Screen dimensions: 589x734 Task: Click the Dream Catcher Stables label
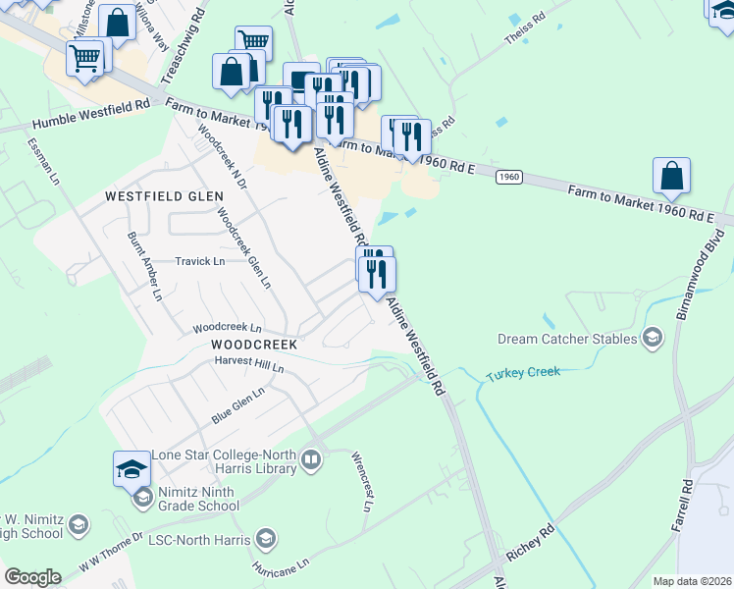566,339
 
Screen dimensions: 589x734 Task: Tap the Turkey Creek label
523,372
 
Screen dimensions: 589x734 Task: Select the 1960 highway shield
507,177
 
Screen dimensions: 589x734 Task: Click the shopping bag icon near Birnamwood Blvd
673,177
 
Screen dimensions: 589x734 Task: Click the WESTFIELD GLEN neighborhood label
158,196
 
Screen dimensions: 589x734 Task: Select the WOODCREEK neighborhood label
253,346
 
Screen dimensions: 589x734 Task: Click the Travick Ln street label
200,261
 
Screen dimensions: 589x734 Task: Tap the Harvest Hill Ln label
249,365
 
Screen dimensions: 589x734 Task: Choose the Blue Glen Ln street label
238,405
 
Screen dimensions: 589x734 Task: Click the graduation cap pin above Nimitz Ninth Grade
131,468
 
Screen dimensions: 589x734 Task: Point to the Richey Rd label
531,542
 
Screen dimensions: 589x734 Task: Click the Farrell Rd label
683,506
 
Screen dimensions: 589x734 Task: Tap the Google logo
32,577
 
